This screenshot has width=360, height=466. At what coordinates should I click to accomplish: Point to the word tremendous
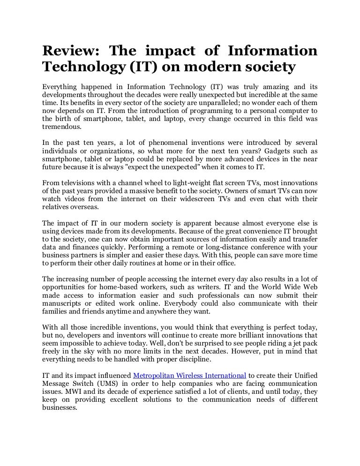click(x=61, y=127)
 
